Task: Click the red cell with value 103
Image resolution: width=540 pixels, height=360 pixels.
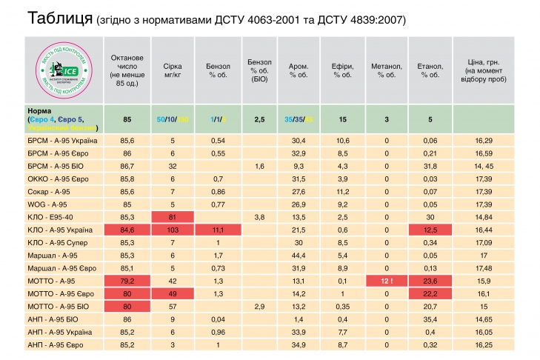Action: (x=172, y=230)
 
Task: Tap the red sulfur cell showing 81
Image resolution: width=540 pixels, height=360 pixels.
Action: (x=172, y=217)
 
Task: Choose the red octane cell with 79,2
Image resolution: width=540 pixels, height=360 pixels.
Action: (x=127, y=281)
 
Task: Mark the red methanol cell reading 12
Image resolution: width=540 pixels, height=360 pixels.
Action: (x=386, y=281)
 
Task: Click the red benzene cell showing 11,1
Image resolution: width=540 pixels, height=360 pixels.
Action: (x=217, y=230)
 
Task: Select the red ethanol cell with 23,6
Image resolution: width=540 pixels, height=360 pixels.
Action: (x=430, y=281)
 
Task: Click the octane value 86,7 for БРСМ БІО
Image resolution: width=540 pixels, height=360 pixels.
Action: (x=127, y=166)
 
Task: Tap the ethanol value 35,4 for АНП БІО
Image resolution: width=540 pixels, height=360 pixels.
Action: (x=430, y=319)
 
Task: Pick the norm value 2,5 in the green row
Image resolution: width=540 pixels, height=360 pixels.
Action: (x=259, y=119)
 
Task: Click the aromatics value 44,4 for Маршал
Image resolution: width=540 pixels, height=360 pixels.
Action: (x=299, y=256)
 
